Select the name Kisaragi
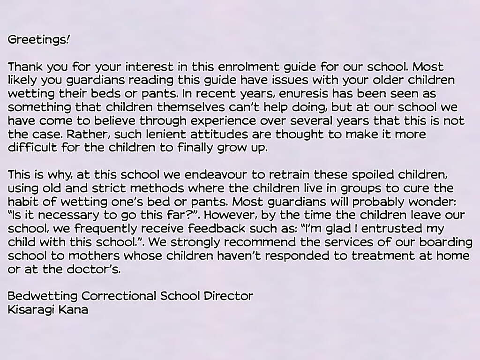pos(31,310)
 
